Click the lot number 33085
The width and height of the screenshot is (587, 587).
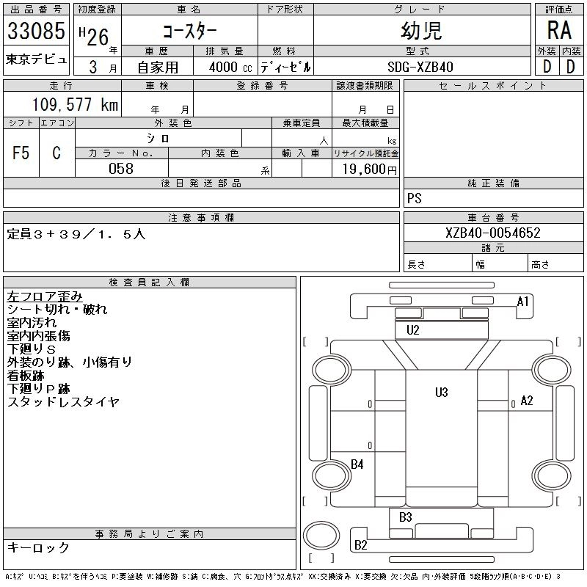(36, 32)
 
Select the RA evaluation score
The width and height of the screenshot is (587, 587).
(559, 31)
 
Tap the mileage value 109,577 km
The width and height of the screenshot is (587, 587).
(74, 105)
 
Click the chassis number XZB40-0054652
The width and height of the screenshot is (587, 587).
(493, 233)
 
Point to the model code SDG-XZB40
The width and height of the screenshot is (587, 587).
(420, 67)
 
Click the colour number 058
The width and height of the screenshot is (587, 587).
(121, 169)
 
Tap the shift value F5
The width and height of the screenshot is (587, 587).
(21, 153)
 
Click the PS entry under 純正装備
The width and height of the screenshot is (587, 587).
(415, 199)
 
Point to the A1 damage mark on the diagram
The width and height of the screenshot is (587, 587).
(522, 302)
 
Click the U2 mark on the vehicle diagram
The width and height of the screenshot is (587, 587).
(413, 330)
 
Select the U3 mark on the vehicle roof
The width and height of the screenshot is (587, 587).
(441, 393)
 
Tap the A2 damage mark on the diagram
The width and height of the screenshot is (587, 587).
(526, 401)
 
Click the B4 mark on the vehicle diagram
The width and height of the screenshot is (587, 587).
(357, 464)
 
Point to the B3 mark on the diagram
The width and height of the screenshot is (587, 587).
(406, 518)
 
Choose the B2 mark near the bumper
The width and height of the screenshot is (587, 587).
(361, 544)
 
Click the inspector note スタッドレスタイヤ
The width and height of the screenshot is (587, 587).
(63, 402)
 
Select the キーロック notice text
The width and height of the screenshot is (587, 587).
(38, 548)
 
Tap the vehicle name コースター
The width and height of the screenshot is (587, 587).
(190, 32)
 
